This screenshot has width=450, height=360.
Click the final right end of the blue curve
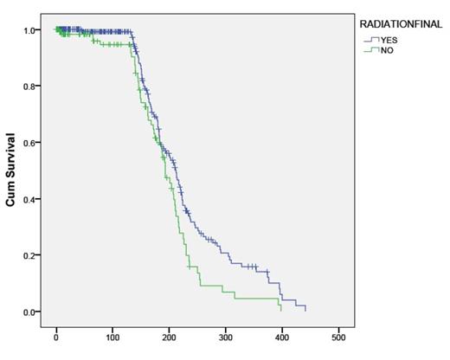pos(305,309)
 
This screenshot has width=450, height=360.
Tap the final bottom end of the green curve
pos(281,309)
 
